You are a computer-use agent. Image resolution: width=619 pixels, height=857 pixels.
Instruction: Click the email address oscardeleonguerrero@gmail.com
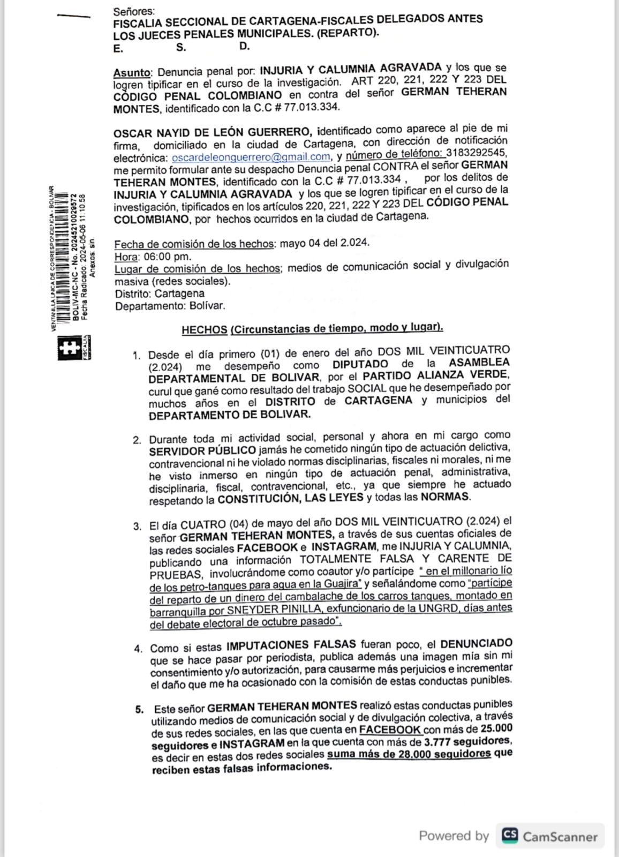251,157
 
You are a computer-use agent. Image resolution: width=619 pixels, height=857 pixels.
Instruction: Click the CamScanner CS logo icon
509,835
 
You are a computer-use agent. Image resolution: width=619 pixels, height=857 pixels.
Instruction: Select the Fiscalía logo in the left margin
69,347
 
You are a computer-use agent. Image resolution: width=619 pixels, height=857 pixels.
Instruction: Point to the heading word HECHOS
204,330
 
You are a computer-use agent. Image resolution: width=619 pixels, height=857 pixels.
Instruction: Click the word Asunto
132,73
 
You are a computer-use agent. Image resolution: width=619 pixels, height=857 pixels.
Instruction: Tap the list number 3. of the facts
138,526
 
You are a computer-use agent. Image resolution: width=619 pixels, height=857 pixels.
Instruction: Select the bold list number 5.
139,710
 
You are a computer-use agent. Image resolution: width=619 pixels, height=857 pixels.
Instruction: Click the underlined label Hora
126,257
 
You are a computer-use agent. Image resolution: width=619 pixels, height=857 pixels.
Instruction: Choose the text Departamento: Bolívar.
170,306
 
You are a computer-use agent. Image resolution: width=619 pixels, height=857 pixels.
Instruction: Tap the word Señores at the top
133,11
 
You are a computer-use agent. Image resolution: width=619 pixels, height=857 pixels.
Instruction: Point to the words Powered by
454,836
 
